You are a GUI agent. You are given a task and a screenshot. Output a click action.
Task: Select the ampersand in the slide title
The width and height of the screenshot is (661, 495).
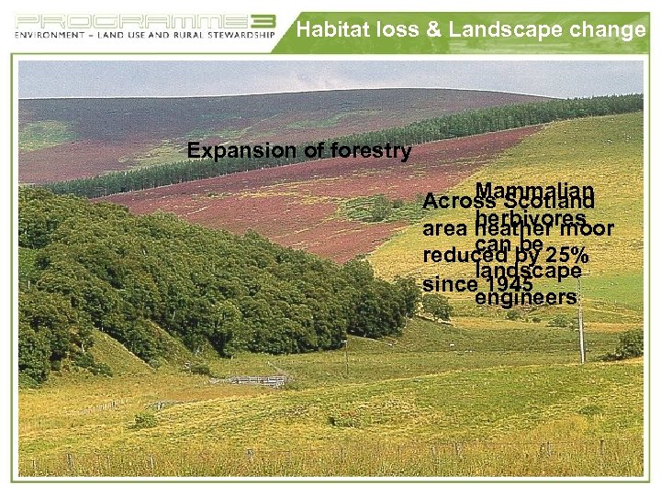point(434,30)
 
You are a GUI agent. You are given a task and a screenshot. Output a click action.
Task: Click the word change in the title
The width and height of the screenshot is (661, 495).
point(605,30)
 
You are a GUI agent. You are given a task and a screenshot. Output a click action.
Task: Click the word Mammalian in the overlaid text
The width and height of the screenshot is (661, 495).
point(534,190)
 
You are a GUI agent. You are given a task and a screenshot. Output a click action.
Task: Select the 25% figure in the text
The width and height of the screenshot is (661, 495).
point(567,255)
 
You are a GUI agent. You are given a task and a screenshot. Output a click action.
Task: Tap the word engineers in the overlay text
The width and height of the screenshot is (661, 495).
point(525,298)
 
